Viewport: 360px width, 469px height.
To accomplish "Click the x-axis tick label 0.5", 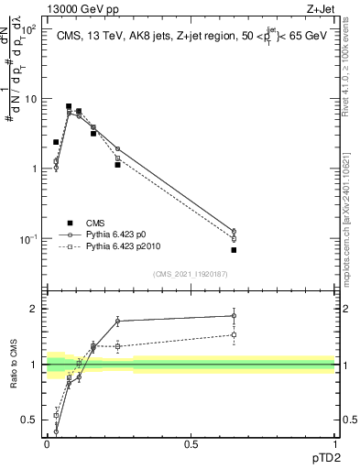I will click(191, 444).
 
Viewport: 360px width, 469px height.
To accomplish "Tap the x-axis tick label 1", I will click(333, 444).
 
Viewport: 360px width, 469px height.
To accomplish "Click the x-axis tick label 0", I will click(47, 444).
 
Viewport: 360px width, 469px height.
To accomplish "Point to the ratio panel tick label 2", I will click(36, 309).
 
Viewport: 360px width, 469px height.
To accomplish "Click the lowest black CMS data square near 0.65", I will click(234, 250).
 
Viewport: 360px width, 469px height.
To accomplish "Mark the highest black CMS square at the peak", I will click(69, 106).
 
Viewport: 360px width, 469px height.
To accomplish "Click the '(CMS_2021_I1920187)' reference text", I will click(190, 274).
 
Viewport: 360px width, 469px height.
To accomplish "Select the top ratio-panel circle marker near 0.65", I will click(234, 316).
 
